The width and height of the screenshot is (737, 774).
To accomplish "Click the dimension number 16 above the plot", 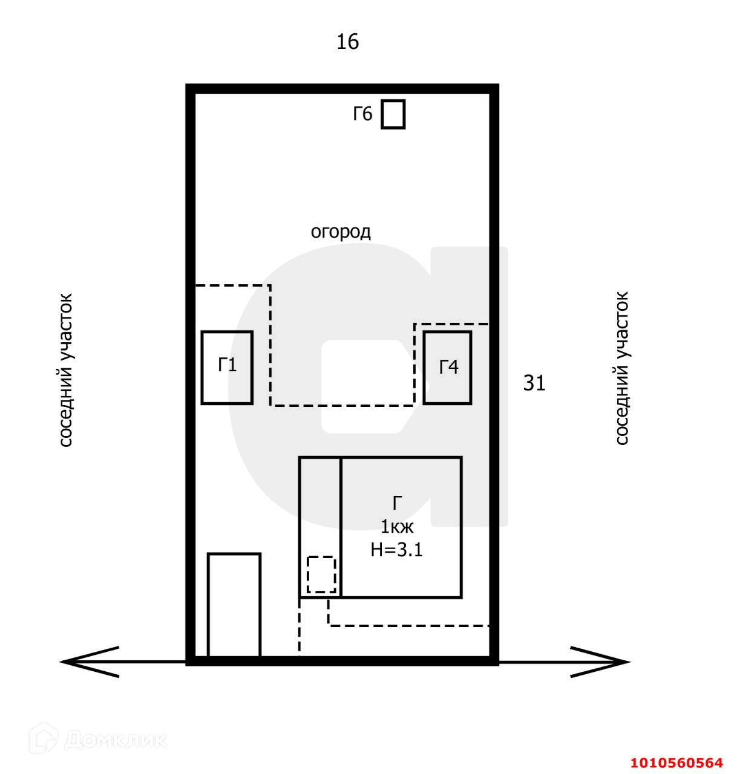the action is click(x=347, y=42).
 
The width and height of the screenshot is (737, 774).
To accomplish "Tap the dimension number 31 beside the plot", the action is click(x=534, y=383).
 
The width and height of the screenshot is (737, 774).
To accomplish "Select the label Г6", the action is click(x=363, y=114).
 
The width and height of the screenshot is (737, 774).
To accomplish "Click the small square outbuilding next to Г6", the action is click(x=393, y=114).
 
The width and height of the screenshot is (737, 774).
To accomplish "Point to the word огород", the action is click(x=341, y=232).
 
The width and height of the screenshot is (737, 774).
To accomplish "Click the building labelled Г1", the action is click(x=227, y=367).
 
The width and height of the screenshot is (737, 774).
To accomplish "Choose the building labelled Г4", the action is click(x=447, y=367).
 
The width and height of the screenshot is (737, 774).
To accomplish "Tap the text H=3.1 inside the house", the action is click(x=396, y=550).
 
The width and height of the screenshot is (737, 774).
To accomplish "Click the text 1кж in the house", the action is click(x=397, y=527).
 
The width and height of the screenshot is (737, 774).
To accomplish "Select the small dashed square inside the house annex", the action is click(x=321, y=574).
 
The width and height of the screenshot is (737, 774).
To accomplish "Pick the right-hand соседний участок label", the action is click(x=621, y=369).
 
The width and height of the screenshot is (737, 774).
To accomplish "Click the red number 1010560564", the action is click(x=676, y=763).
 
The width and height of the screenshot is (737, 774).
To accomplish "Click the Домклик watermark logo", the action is click(x=100, y=739).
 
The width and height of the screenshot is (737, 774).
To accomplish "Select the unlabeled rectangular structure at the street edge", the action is click(x=234, y=605).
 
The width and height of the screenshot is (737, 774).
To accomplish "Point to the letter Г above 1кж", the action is click(x=397, y=503).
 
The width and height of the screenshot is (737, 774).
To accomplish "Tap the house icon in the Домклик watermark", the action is click(x=45, y=738).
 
